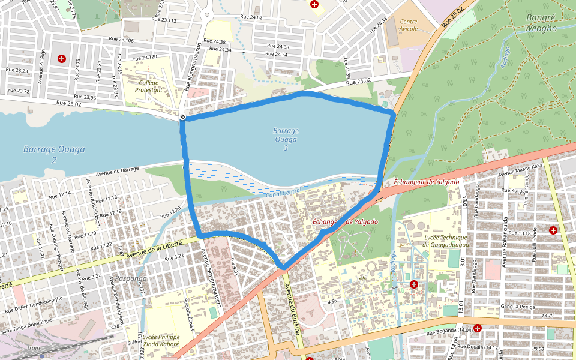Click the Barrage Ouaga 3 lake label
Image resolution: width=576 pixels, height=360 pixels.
click(x=286, y=139)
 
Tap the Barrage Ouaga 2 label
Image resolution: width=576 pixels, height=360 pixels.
click(x=54, y=154)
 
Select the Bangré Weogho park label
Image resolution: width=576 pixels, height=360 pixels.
click(x=541, y=23)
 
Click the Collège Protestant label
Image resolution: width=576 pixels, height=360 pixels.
click(x=149, y=86)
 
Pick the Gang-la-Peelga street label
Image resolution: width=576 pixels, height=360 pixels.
click(x=502, y=307)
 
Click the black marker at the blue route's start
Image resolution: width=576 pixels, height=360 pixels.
click(x=182, y=116)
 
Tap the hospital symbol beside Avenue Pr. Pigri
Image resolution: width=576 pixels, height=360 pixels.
click(x=61, y=58)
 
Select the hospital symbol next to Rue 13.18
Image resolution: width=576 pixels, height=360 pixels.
click(x=553, y=230)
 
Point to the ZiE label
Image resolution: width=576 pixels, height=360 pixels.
click(x=362, y=277)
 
